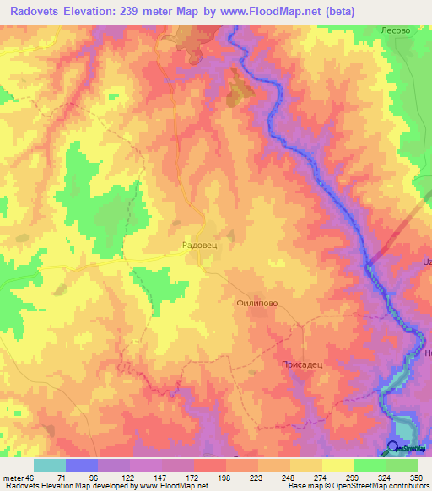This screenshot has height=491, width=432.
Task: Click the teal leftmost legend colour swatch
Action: point(50,465)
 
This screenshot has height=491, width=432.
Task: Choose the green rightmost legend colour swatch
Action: point(402,465)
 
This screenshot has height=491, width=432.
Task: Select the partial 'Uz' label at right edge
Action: point(427,262)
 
